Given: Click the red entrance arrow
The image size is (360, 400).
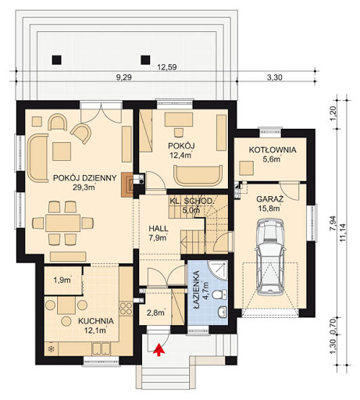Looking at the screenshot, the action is [x=159, y=348].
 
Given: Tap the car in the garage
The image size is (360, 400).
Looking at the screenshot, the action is [x=270, y=257].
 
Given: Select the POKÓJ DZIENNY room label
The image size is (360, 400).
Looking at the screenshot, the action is [x=84, y=178].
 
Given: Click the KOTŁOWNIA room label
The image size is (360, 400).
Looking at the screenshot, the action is [x=273, y=150].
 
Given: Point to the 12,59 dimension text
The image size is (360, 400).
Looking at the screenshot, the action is [x=167, y=67].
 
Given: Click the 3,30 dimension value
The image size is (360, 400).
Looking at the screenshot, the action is [x=274, y=77].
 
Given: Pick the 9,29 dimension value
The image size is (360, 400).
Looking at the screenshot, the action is [x=123, y=77].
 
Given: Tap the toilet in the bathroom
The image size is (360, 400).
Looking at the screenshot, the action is [x=220, y=295].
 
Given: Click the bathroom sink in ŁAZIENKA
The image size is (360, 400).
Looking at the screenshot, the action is [x=223, y=312].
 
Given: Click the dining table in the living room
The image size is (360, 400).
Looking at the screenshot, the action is [x=62, y=223].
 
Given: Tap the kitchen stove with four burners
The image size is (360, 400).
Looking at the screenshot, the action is [x=126, y=309].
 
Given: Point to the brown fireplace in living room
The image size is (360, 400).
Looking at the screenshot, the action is [x=127, y=184].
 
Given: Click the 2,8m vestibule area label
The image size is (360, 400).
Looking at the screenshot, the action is [x=155, y=312].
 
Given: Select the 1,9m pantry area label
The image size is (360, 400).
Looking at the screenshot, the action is [x=62, y=280].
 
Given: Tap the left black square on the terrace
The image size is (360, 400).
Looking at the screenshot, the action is [x=56, y=60].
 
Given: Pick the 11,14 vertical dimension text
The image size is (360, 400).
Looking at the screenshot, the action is [x=343, y=233].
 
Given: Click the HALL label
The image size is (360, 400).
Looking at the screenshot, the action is [x=159, y=228].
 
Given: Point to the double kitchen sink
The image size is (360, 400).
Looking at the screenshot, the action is [x=101, y=348].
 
